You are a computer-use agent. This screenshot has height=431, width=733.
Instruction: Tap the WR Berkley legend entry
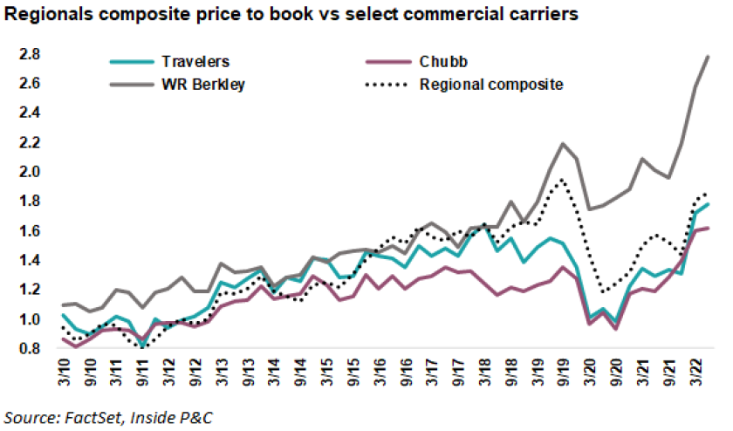195,85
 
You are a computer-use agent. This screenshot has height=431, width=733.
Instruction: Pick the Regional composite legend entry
490,85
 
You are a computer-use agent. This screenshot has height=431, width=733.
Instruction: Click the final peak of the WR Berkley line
708,56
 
